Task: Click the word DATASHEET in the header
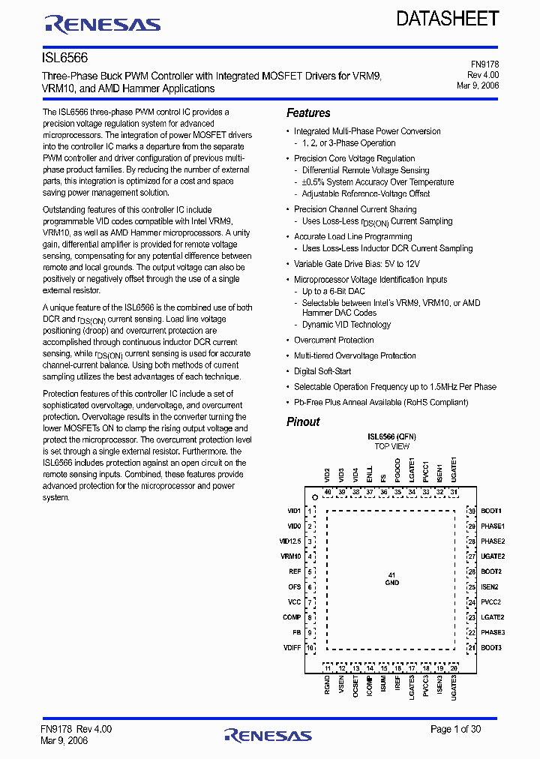[448, 19]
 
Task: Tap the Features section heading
[308, 113]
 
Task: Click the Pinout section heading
[303, 421]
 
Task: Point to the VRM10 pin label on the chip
[291, 556]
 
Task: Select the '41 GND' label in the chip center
[391, 578]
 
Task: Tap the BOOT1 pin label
[492, 510]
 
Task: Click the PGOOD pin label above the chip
[397, 470]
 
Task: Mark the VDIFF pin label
[292, 647]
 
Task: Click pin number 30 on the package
[472, 511]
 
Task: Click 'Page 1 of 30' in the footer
[455, 729]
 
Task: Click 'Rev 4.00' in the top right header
[483, 76]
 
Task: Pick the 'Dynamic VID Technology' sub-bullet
[346, 325]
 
